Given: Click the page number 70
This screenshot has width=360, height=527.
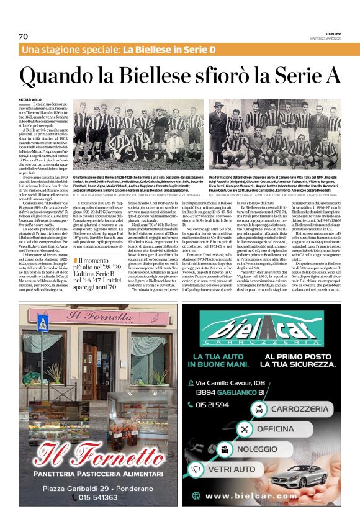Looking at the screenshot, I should pos(23,37).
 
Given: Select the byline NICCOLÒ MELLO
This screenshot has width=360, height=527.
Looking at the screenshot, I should pos(29,99).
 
